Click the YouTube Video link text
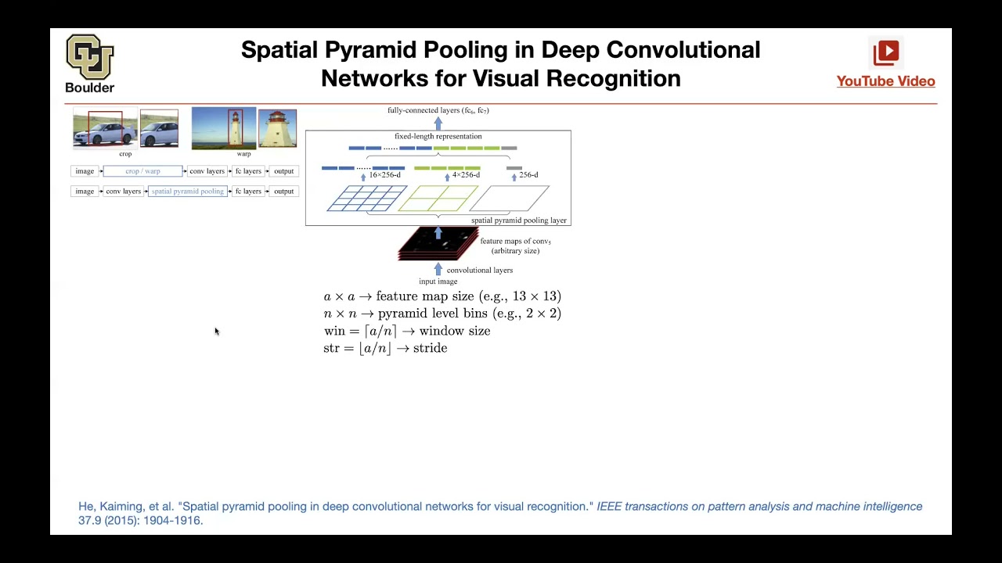click(885, 81)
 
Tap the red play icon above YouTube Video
click(886, 52)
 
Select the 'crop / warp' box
click(142, 171)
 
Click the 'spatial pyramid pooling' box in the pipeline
click(187, 192)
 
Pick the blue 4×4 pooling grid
click(366, 199)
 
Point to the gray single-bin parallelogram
click(510, 199)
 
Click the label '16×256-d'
click(384, 175)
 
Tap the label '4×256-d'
click(466, 175)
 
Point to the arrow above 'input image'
click(438, 270)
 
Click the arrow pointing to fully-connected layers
click(438, 123)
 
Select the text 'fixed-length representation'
click(438, 137)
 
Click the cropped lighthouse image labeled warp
click(277, 129)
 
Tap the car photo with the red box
click(105, 129)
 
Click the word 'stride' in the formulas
click(430, 349)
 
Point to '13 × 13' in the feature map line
click(536, 296)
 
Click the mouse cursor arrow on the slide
click(216, 332)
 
